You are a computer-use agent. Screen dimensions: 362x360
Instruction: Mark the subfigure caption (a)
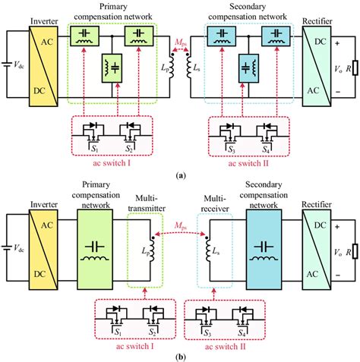pos(179,174)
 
